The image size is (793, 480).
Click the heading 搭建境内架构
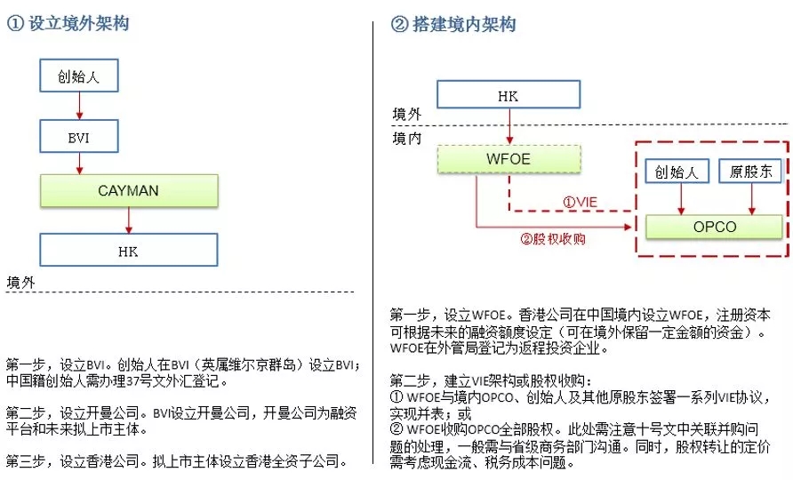coord(463,24)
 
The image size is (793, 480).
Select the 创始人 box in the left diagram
coord(79,76)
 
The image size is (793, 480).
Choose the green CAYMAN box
coord(129,191)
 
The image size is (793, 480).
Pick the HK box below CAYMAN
coord(129,250)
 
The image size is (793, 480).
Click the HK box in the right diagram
coord(508,95)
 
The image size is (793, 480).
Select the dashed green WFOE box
coord(508,160)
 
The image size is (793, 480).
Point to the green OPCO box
coord(715,227)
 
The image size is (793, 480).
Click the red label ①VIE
coord(580,202)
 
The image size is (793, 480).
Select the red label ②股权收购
coord(553,238)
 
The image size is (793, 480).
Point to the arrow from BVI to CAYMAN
coord(79,163)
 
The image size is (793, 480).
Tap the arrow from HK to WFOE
coord(508,127)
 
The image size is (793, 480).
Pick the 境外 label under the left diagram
coord(21,282)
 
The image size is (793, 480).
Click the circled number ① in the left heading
coord(14,24)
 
